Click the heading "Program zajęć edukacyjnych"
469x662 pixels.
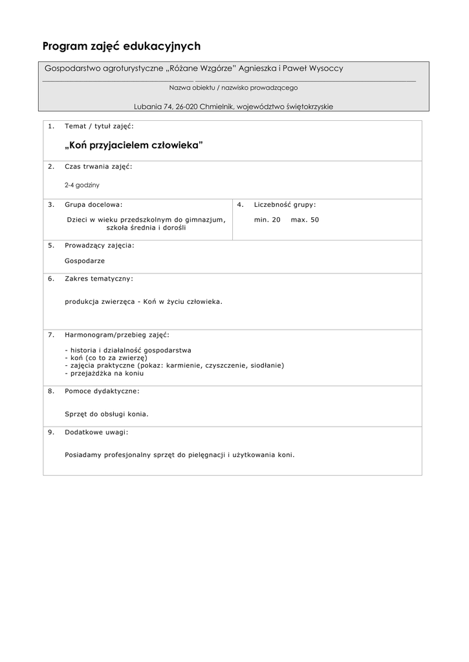tap(122, 46)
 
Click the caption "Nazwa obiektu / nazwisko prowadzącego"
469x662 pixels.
tap(233, 87)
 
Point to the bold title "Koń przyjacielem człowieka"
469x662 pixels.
tap(134, 145)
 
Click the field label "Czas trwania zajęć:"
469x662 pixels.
tap(98, 166)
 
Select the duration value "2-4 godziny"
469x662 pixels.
tap(82, 185)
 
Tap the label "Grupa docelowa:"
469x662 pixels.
tap(93, 204)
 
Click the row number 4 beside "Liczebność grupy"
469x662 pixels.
tap(240, 204)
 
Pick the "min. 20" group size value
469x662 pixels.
tap(267, 220)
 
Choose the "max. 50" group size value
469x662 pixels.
tap(305, 220)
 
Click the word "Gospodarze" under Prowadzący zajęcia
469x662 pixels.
tap(85, 261)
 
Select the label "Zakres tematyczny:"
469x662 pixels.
tap(99, 279)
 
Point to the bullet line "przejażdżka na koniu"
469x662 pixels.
tap(104, 374)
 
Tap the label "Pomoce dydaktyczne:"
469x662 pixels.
tap(102, 391)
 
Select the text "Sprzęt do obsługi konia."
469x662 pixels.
tap(107, 414)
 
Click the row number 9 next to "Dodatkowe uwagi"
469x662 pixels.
tap(51, 432)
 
